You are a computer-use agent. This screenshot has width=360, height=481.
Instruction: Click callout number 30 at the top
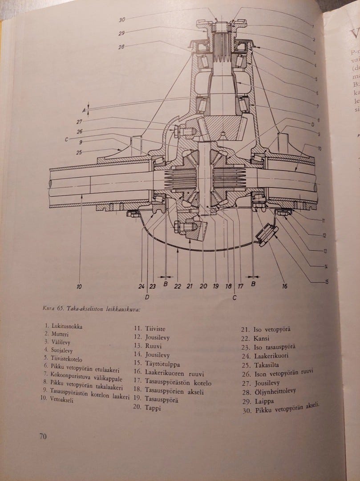[x=122, y=20]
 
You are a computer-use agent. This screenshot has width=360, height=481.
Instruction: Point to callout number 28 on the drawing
[x=121, y=47]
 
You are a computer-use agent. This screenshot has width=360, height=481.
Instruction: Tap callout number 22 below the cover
[x=178, y=286]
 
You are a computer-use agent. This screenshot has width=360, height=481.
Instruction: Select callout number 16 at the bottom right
[x=284, y=286]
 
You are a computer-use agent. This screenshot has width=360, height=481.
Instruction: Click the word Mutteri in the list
[x=60, y=334]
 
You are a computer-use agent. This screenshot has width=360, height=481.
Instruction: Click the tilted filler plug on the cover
[x=266, y=235]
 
